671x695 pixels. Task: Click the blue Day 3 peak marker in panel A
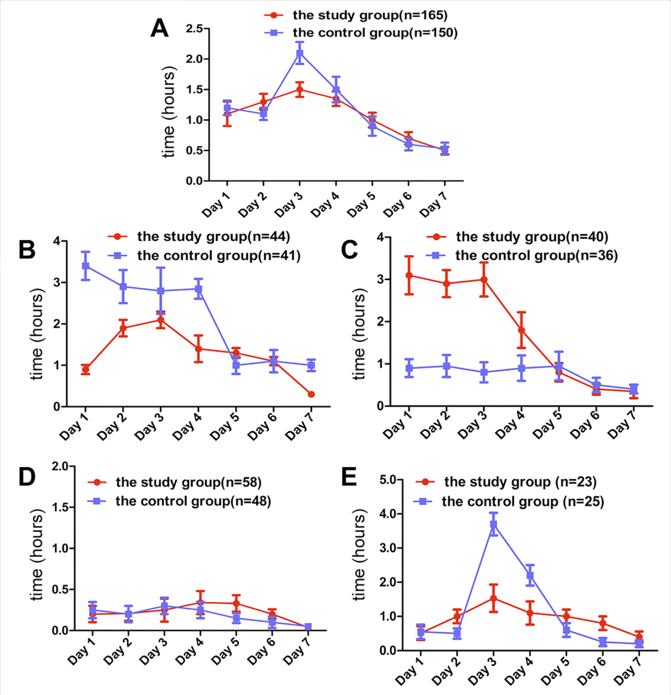[300, 53]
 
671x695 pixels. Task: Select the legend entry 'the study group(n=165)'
[356, 15]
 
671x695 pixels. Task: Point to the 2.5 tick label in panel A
[194, 28]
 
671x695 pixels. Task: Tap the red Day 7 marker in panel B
[311, 394]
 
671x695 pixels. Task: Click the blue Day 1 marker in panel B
[86, 266]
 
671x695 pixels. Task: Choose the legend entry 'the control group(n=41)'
[204, 255]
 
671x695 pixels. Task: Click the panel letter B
[27, 250]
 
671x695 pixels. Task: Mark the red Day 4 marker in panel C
[521, 330]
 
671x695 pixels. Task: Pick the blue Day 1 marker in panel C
[409, 368]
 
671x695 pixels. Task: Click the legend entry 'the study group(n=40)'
[517, 237]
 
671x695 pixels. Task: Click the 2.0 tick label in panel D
[60, 466]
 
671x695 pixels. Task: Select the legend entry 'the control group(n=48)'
[179, 501]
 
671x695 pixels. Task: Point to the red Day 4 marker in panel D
[200, 603]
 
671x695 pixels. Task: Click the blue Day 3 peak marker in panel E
[493, 524]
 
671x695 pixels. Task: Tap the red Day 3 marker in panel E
[493, 598]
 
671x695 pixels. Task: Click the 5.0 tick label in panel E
[388, 480]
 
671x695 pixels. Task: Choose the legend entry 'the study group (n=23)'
[506, 482]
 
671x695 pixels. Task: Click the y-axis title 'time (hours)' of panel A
[169, 112]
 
